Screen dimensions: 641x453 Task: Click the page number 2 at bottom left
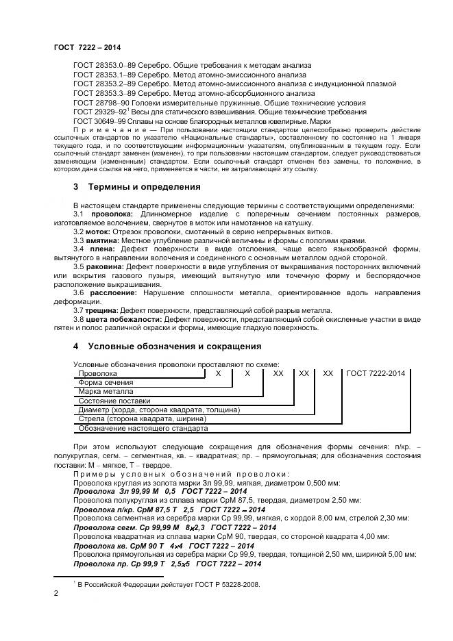click(x=56, y=594)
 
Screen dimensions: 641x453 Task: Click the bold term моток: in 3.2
click(x=96, y=232)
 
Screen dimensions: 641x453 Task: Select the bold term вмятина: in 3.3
click(x=101, y=241)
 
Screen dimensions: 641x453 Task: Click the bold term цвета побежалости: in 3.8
click(x=123, y=320)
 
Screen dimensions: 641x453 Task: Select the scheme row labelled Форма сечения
click(x=106, y=383)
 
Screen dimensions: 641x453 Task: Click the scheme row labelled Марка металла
click(x=106, y=392)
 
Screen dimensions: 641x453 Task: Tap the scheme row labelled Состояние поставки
click(x=113, y=401)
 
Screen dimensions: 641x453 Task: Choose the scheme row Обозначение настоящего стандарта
click(x=143, y=428)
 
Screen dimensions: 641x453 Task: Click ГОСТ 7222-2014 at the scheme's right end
click(x=376, y=373)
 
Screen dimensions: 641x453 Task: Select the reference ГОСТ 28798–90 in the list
click(x=101, y=101)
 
